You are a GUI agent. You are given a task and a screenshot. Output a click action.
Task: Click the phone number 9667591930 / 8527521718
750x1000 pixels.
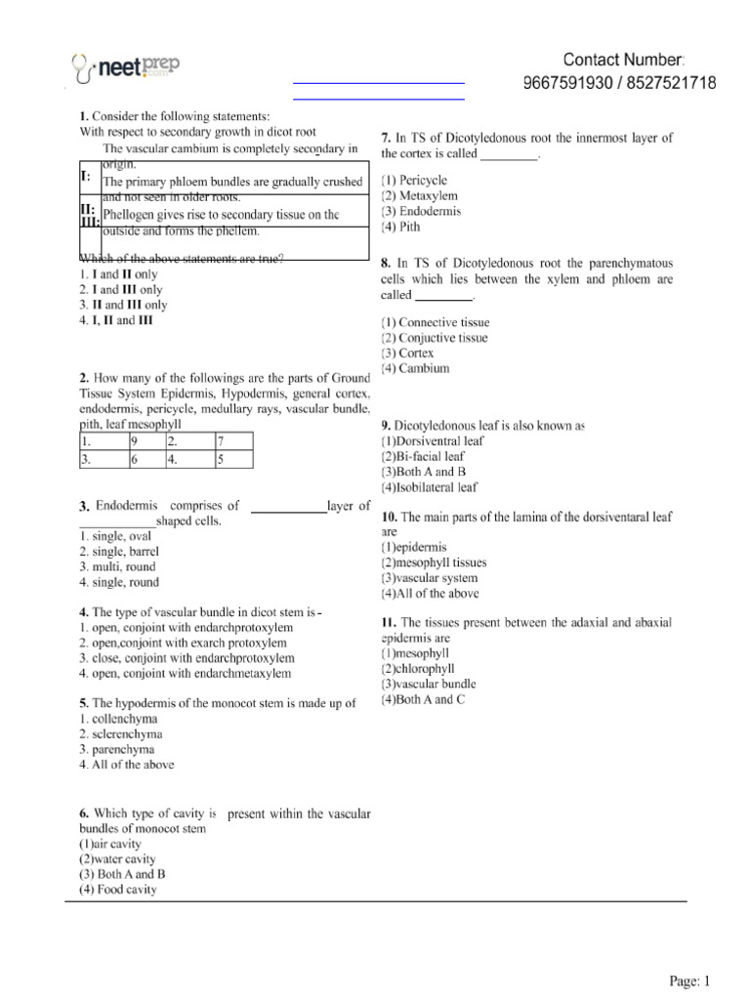click(620, 83)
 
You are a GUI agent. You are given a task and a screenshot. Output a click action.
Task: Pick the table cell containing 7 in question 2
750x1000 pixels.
click(232, 440)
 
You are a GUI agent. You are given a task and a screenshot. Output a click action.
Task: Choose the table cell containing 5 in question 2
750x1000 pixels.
click(232, 457)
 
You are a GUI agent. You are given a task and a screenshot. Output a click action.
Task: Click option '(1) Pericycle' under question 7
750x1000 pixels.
click(414, 180)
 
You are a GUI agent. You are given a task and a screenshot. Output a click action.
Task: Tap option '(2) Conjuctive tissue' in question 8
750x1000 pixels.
click(435, 338)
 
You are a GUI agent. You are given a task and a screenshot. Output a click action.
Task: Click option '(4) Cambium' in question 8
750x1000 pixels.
click(415, 368)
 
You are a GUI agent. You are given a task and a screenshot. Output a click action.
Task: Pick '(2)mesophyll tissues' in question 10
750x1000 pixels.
click(434, 562)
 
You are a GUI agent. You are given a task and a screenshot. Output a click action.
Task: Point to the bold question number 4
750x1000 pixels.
click(84, 611)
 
